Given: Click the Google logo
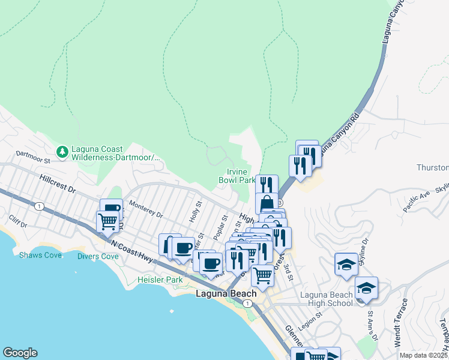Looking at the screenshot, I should tap(20, 353).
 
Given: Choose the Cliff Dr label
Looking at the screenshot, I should tap(19, 225).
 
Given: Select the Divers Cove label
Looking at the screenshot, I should tap(98, 256).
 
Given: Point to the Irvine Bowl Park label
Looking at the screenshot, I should tap(237, 176).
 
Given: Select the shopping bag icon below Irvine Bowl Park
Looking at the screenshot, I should tap(267, 202).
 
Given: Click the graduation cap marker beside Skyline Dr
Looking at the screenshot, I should tap(346, 265).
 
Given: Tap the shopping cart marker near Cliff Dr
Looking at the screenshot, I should tap(107, 221).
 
